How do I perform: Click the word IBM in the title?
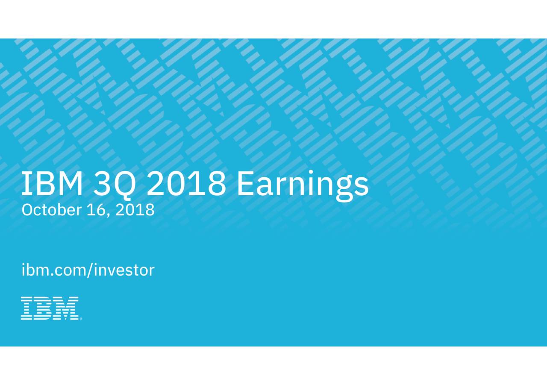[52, 183]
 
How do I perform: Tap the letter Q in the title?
[124, 185]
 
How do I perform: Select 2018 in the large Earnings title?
[186, 183]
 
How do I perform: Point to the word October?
[52, 209]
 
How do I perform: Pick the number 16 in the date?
[94, 210]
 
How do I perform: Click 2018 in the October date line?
[135, 210]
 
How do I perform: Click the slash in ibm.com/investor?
[89, 270]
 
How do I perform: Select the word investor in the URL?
[124, 270]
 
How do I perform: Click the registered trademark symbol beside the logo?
[81, 319]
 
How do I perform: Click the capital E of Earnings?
[245, 183]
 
